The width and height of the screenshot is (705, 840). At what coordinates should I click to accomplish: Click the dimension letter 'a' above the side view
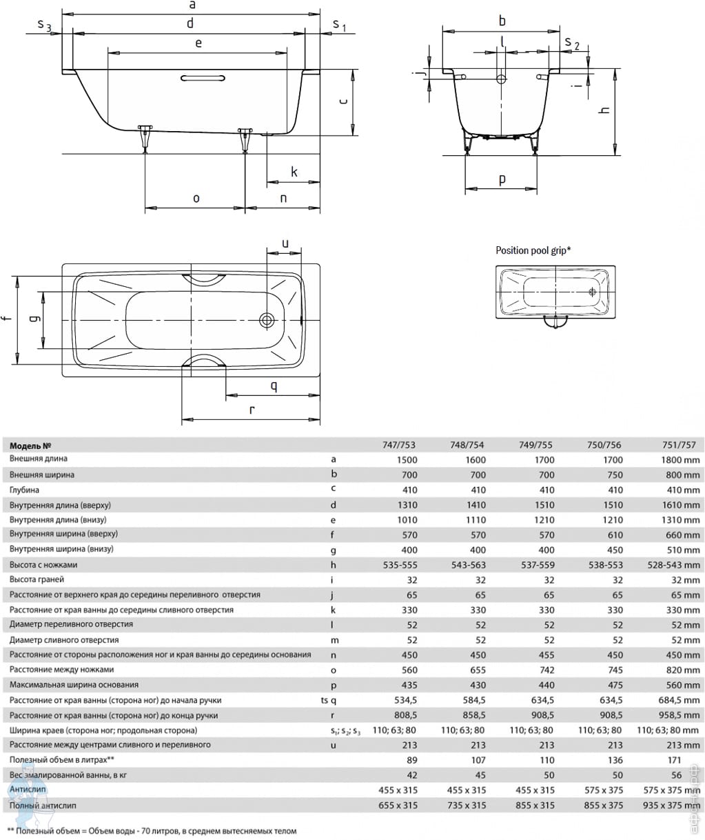(x=192, y=5)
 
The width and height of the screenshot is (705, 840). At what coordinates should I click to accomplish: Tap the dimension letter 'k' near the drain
(x=294, y=172)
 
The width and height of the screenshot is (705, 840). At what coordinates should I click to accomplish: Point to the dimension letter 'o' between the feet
(x=196, y=199)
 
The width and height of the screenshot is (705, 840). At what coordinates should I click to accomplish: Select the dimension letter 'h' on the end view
(x=605, y=110)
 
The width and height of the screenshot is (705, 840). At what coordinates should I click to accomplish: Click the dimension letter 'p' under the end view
(x=502, y=179)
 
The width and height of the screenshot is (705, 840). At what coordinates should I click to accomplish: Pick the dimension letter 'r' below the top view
(x=252, y=410)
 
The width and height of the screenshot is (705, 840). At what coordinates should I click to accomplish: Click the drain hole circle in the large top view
(x=267, y=320)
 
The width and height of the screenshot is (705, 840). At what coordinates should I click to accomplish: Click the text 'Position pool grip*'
(x=533, y=251)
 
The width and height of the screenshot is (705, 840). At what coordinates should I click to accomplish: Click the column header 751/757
(x=679, y=445)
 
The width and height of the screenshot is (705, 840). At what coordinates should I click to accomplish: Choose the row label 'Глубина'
(x=24, y=490)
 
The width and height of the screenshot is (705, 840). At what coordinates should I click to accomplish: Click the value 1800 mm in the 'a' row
(x=679, y=460)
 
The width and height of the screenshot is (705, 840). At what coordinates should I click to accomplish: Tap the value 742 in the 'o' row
(x=546, y=670)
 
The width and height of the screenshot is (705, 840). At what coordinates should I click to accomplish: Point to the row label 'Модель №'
(x=31, y=446)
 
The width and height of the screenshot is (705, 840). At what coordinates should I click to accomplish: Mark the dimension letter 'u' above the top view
(x=285, y=243)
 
